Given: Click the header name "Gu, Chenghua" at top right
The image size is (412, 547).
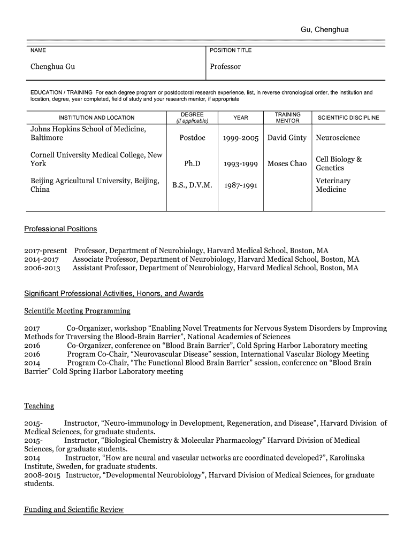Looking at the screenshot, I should [324, 29].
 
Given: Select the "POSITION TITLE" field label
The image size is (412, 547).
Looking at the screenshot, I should [231, 50].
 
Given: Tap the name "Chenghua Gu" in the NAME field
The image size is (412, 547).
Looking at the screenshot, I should [52, 67].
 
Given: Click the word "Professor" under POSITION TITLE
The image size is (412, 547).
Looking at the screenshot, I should [225, 67].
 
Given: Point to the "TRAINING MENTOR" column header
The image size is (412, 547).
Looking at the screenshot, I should [287, 118].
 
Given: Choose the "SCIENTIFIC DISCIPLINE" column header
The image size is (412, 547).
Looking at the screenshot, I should [348, 118].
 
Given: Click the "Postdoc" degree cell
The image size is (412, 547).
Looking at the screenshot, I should [192, 138].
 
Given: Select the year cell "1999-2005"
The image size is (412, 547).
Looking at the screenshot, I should [241, 138].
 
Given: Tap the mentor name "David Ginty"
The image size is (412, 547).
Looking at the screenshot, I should [287, 138].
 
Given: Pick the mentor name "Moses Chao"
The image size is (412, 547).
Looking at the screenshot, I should [287, 163].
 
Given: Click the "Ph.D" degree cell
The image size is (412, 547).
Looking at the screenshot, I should [192, 163].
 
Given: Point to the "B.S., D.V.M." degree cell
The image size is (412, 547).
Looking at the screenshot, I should [192, 185].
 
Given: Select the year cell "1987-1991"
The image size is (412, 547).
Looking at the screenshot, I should [241, 185].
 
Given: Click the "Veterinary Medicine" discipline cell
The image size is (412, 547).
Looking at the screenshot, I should [333, 185].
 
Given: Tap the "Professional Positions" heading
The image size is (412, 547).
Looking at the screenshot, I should [60, 229].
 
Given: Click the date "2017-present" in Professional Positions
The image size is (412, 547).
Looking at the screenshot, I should [45, 251].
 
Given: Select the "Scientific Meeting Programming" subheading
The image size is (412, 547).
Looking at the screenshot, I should [77, 311].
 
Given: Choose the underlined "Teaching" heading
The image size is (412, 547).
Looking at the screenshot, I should [39, 406].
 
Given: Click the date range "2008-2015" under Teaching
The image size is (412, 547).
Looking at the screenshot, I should [42, 475].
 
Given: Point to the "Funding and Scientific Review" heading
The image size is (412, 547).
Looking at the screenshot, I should [74, 510].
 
